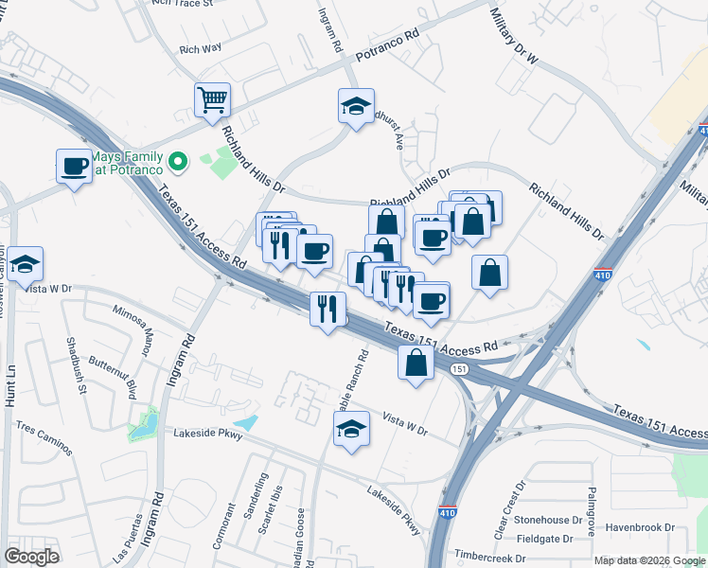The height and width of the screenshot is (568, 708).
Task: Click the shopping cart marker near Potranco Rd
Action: coord(213,99)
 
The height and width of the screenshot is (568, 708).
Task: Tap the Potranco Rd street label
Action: coord(386,46)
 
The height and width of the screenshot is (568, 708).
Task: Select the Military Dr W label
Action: coord(513,37)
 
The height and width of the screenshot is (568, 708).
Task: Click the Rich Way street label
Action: coord(200,46)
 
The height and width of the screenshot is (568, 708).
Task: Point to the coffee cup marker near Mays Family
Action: coord(74,167)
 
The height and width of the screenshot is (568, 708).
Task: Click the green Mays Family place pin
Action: coord(177,161)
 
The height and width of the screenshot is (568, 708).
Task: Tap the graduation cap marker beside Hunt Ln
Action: coord(26,263)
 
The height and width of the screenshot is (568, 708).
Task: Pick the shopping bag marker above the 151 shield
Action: coord(416,362)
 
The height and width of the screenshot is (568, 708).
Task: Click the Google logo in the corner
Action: coord(31,556)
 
